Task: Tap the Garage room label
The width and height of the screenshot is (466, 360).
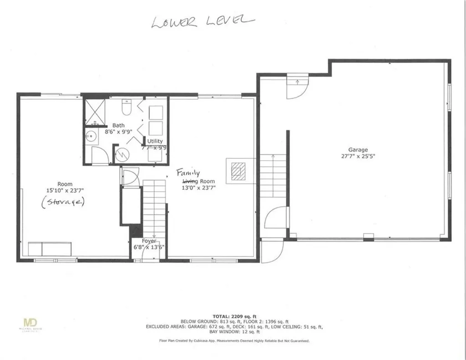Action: [x=358, y=149]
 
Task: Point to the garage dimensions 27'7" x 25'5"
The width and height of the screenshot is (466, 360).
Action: [x=358, y=156]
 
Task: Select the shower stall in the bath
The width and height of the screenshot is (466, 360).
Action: [x=95, y=111]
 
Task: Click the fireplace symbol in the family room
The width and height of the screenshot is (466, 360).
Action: [x=237, y=171]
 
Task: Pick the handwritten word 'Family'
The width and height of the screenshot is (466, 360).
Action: [x=188, y=173]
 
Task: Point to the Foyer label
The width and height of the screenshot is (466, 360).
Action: [x=149, y=241]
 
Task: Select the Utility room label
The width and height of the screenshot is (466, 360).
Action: [x=155, y=142]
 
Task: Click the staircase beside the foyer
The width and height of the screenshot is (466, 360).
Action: [x=154, y=207]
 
